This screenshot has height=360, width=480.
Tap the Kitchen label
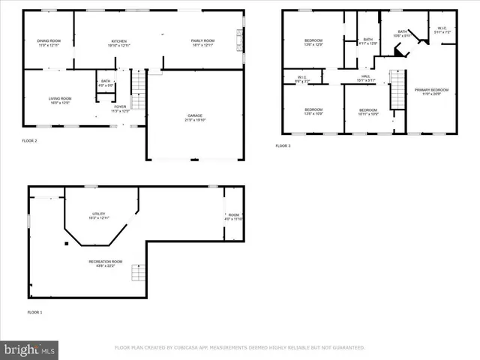pos(119,43)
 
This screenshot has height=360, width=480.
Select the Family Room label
pos(202,43)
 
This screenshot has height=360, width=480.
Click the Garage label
pos(195,118)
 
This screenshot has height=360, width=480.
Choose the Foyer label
pos(120,109)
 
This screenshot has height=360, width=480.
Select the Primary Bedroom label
pos(431,91)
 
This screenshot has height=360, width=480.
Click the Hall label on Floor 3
pos(365,77)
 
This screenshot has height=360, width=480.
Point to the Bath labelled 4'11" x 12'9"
pos(367,41)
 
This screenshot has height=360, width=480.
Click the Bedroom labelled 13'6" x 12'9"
pos(313,41)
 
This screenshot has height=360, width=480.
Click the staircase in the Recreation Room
pos(137,271)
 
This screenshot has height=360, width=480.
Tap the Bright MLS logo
pos(30,349)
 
